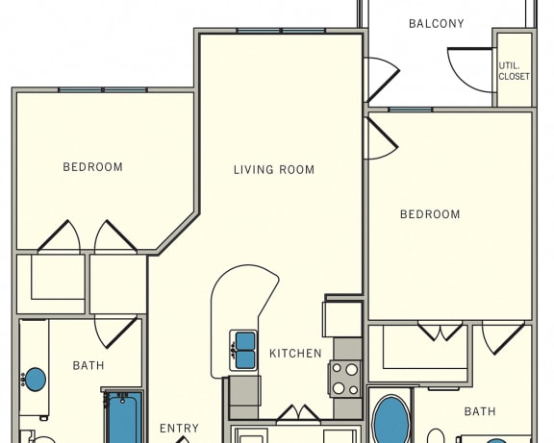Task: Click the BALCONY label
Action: click(437, 24)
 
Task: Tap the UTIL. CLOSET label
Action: click(514, 71)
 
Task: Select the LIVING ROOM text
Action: click(274, 170)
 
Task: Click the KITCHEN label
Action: click(295, 354)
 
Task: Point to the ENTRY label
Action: click(180, 429)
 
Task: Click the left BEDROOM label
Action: click(93, 167)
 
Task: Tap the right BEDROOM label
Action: click(430, 214)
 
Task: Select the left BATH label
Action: click(88, 365)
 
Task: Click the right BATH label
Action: click(480, 411)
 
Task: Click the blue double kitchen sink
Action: click(243, 351)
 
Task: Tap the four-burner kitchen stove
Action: click(345, 380)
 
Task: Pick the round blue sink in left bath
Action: click(35, 380)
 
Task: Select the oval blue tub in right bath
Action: click(390, 419)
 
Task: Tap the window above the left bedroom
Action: click(103, 90)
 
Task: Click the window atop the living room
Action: click(281, 31)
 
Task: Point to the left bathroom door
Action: click(115, 332)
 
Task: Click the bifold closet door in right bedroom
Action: click(440, 331)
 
